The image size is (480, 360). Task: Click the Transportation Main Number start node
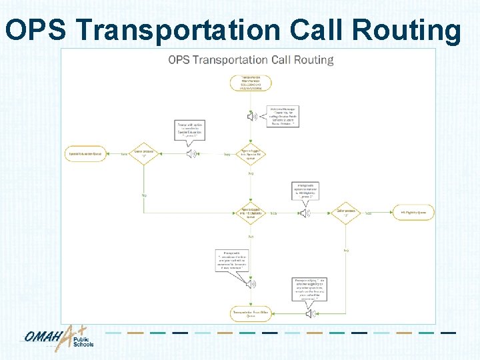tap(251, 83)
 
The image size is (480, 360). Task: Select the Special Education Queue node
tap(86, 154)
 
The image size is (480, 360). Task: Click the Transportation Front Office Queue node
tap(251, 314)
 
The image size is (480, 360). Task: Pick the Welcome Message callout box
tap(283, 116)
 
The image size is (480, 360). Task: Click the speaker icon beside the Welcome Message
tap(252, 117)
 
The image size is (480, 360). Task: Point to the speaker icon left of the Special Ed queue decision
tap(193, 154)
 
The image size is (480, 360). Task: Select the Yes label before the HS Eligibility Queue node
tap(368, 213)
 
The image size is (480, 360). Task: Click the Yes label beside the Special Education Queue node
tap(123, 154)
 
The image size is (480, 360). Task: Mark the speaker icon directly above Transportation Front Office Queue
tap(251, 284)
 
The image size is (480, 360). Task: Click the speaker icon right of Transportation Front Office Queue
tap(312, 313)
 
